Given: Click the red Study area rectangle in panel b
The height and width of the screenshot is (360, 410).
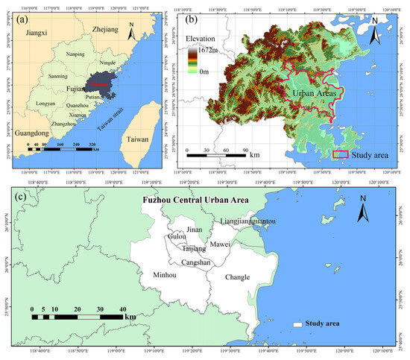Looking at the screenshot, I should (x=339, y=154).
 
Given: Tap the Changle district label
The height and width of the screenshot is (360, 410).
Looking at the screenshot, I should (x=237, y=277).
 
